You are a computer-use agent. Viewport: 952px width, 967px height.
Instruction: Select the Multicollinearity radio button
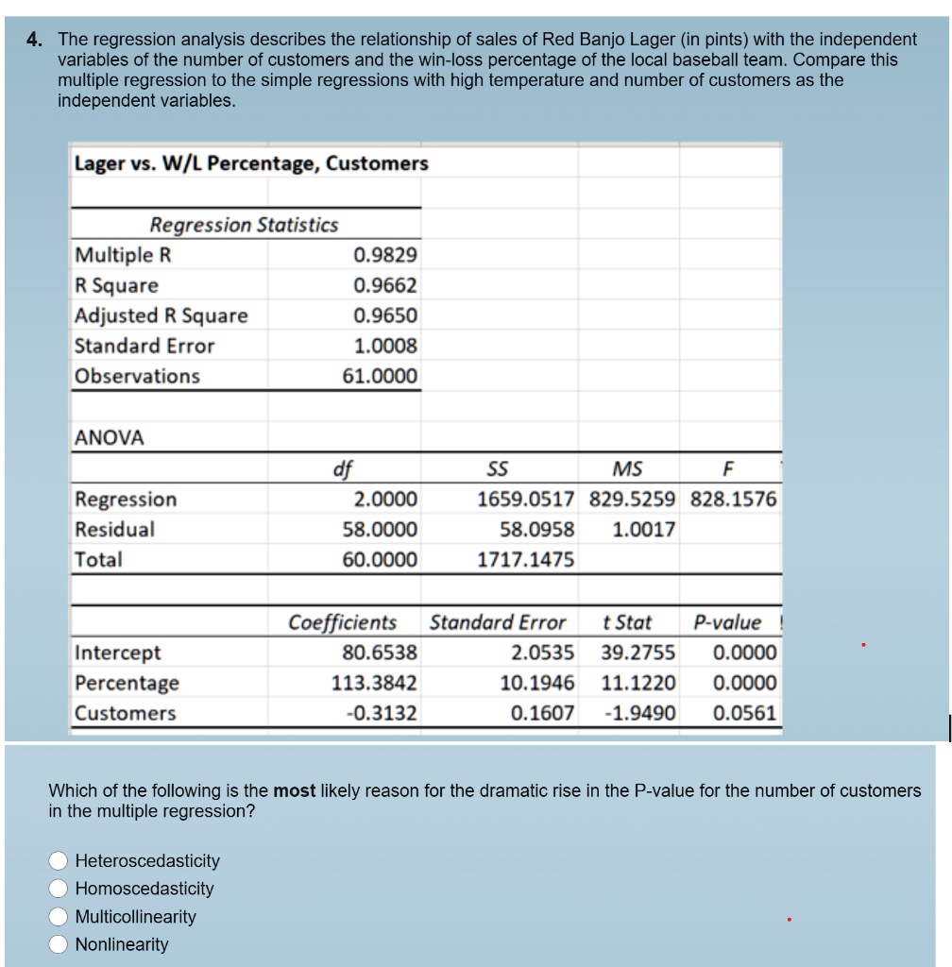[59, 917]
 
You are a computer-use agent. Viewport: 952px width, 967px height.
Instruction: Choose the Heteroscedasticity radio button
[59, 861]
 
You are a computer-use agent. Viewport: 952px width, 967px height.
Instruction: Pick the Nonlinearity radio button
[59, 944]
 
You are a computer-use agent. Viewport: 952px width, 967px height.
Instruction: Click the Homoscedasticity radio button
[59, 889]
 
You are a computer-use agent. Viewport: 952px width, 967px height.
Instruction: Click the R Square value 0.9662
[384, 285]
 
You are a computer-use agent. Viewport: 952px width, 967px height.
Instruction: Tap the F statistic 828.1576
[734, 499]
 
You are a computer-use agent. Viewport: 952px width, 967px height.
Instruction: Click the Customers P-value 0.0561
[745, 713]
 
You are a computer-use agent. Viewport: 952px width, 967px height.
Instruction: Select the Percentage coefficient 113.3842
[374, 683]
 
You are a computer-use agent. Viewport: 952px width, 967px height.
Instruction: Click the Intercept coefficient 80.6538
[379, 653]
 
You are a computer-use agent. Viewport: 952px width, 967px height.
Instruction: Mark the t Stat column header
[626, 622]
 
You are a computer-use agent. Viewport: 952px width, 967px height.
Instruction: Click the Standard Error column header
[498, 622]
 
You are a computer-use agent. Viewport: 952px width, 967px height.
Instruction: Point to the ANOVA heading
[110, 438]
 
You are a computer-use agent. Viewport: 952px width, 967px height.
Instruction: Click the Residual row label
[115, 529]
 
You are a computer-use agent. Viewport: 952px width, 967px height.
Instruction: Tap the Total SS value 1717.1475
[526, 559]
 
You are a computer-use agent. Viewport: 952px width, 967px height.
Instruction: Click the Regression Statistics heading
[244, 225]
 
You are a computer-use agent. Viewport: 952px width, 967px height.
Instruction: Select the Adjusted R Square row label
[161, 315]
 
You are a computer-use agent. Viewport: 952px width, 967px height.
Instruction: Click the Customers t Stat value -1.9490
[640, 713]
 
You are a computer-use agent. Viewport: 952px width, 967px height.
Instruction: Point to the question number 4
[34, 40]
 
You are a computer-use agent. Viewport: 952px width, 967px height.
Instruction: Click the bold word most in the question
[294, 790]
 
